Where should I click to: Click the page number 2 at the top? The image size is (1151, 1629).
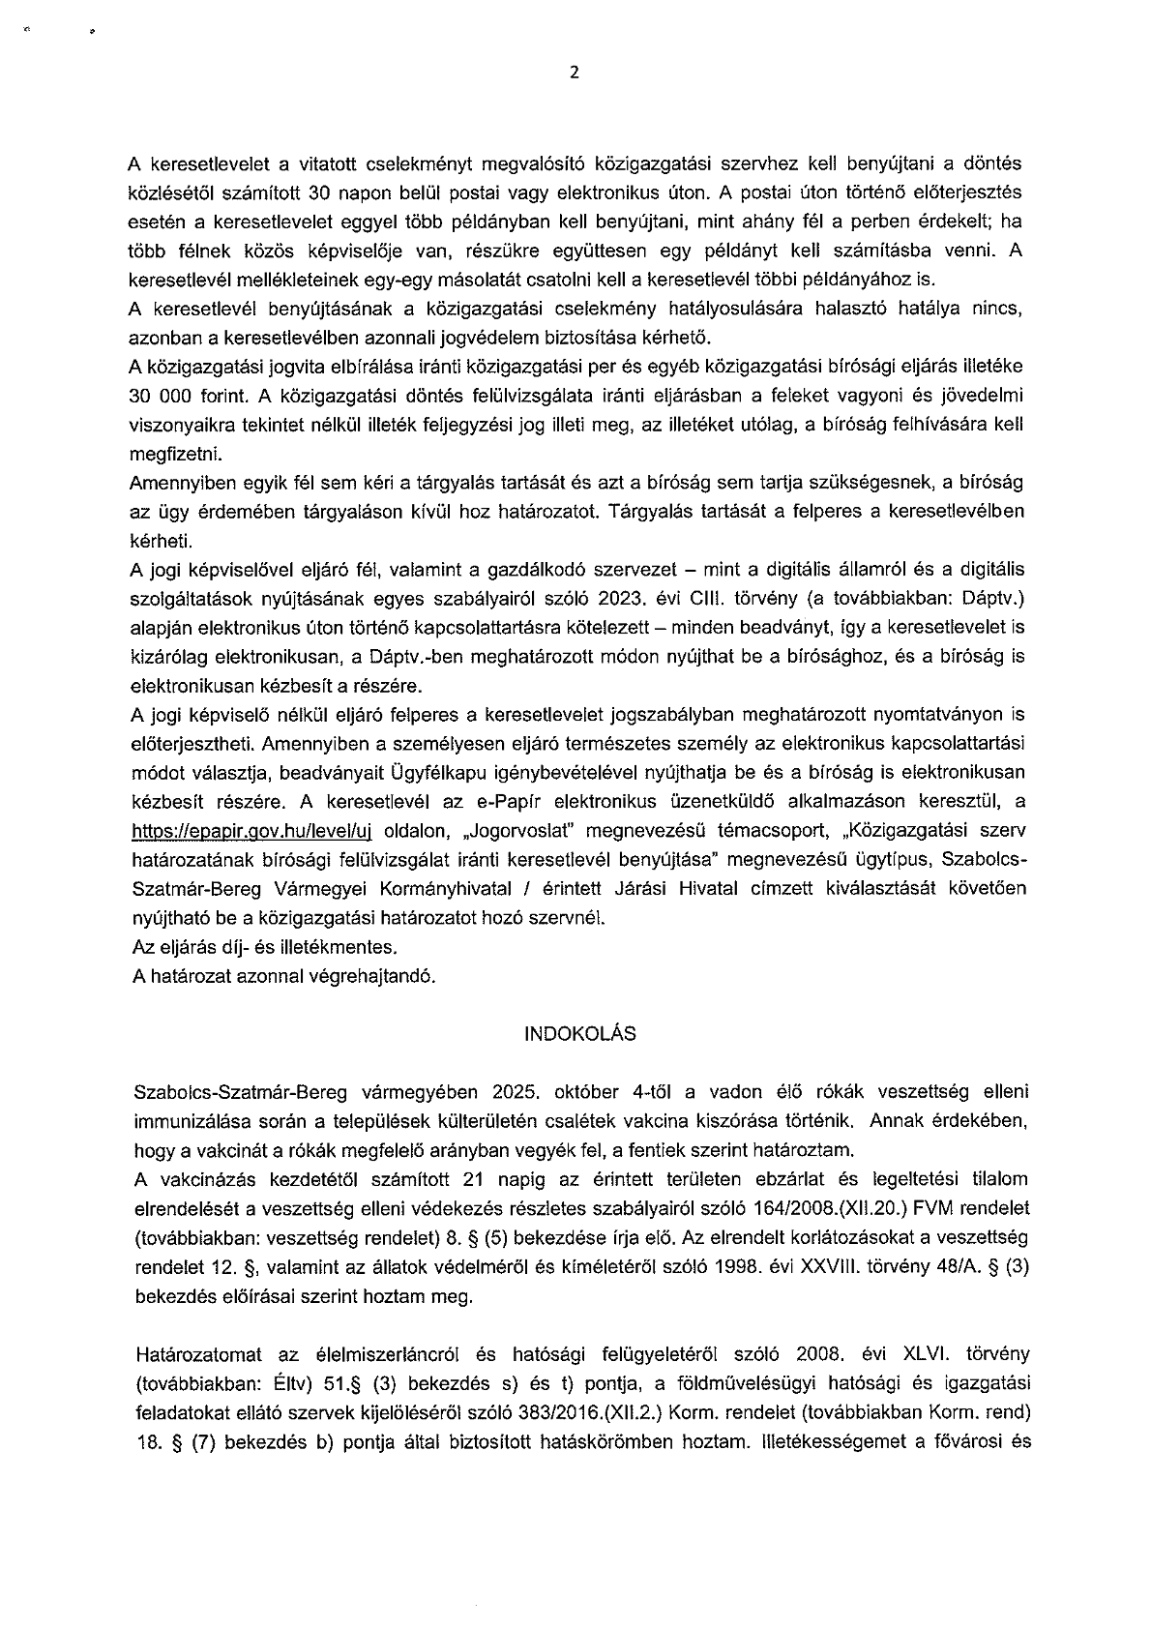(x=575, y=74)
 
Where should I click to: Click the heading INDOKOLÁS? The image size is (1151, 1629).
(x=579, y=1034)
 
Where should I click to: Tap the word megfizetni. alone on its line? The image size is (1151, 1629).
(x=175, y=453)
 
